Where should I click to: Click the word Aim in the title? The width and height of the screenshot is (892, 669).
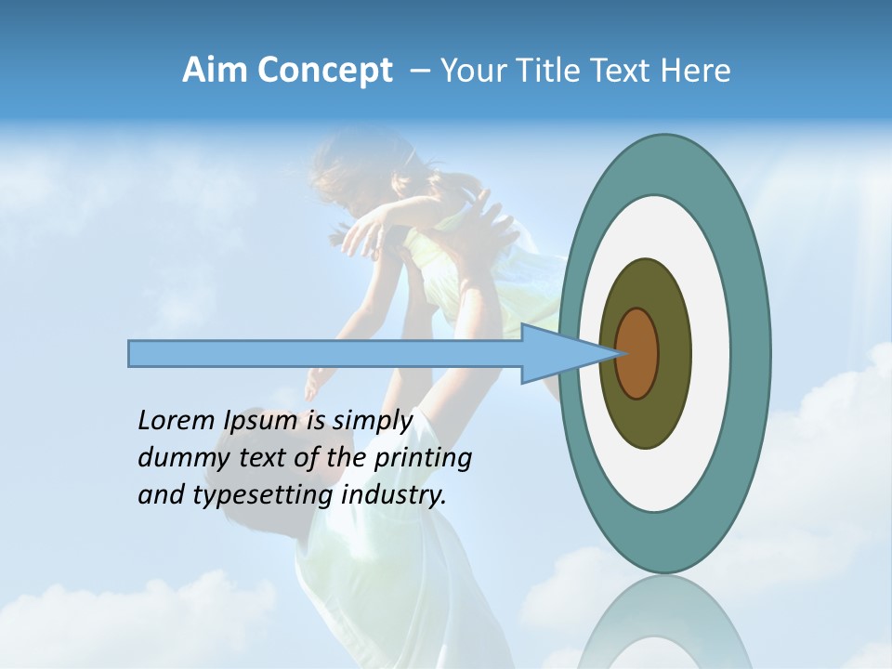214,71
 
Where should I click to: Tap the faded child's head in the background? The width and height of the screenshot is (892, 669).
358,172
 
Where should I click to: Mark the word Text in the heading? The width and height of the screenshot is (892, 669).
620,71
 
